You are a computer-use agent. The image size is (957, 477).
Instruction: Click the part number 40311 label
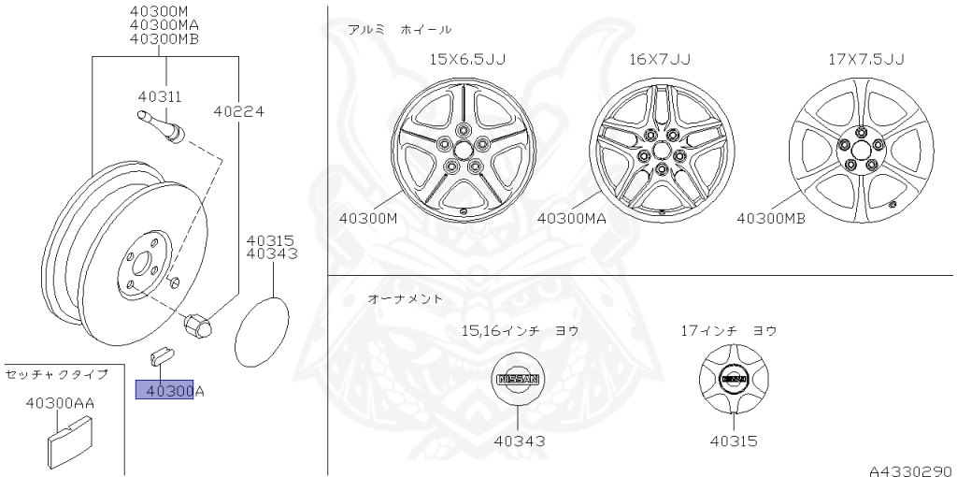click(159, 96)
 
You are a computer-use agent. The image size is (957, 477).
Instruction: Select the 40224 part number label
click(238, 110)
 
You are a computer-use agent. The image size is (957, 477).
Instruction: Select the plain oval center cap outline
click(263, 332)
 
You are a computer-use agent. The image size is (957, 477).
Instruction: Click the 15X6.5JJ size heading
click(467, 59)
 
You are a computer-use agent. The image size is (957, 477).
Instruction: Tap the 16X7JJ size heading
click(660, 59)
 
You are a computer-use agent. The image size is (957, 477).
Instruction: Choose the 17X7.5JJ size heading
click(865, 59)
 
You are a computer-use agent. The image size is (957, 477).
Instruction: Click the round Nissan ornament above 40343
click(517, 380)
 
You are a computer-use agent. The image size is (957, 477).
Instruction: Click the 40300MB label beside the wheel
click(771, 218)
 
